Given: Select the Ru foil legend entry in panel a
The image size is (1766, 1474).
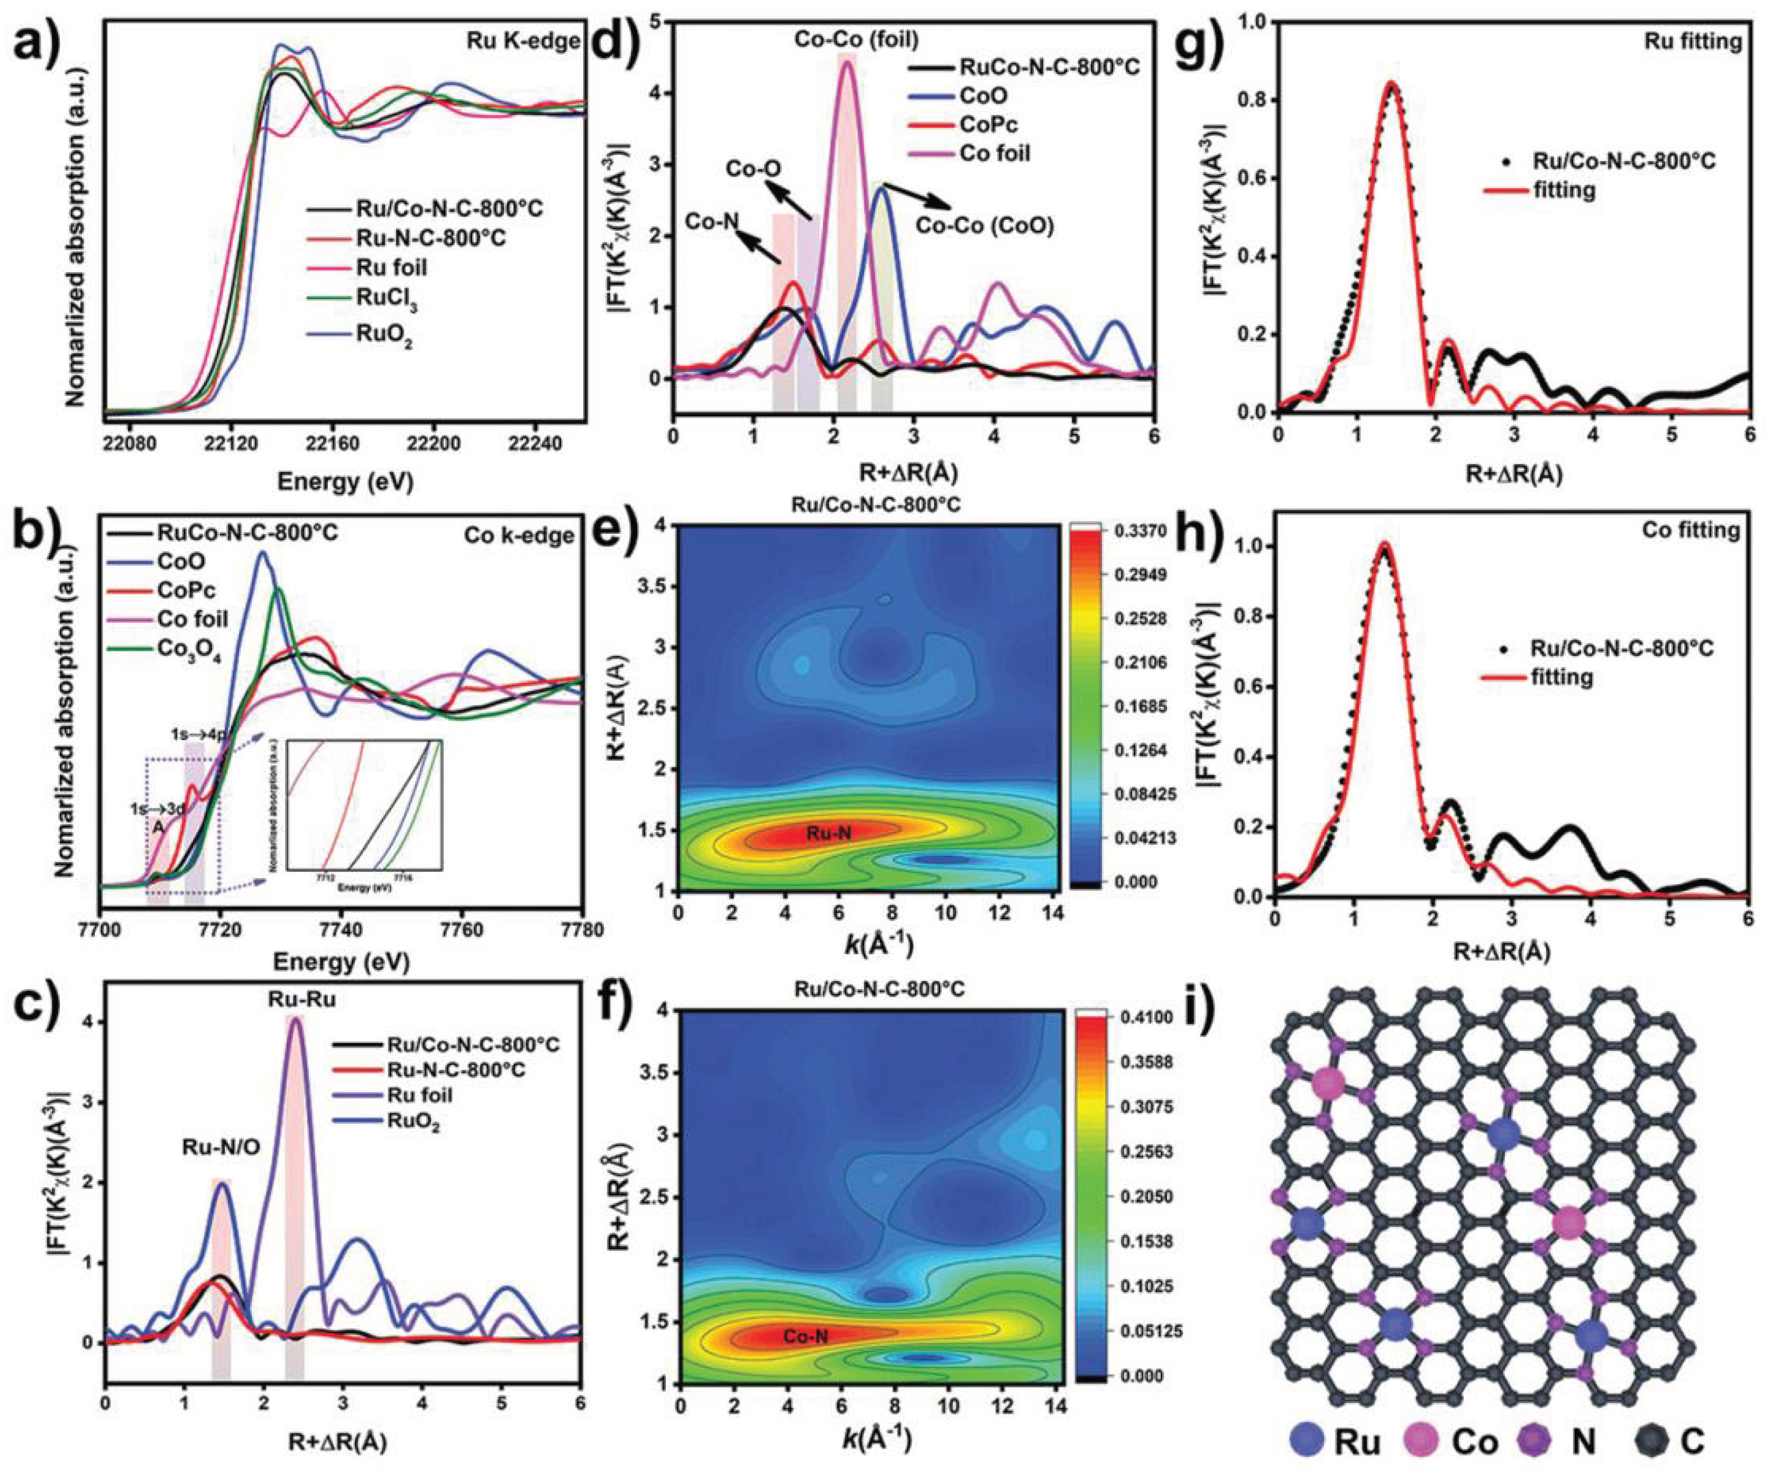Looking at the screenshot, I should pyautogui.click(x=391, y=267).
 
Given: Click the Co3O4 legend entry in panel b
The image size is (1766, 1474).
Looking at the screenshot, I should pyautogui.click(x=188, y=651).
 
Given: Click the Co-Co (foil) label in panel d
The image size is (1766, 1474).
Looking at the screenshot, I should pyautogui.click(x=856, y=40).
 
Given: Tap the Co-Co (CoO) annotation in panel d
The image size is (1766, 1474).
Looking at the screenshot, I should pyautogui.click(x=984, y=226).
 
